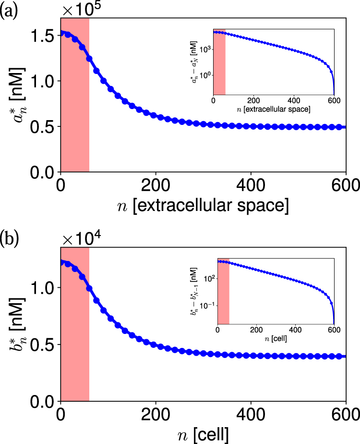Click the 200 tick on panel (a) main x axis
[x=155, y=185]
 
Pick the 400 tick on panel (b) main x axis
[x=250, y=414]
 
